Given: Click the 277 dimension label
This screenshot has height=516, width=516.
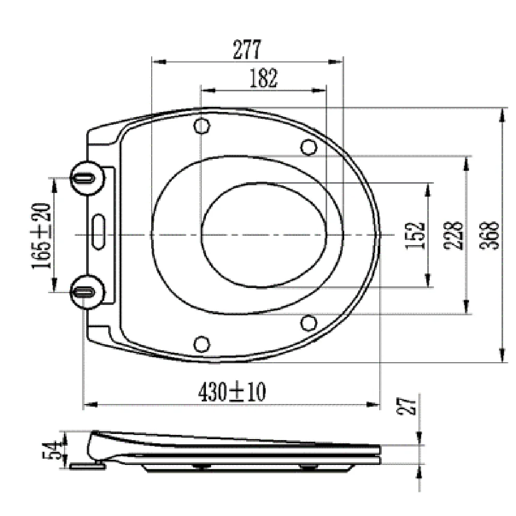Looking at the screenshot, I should [247, 50].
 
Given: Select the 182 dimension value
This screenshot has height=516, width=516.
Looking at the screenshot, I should [263, 78].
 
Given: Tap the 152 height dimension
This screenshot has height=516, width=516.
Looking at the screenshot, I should [415, 235].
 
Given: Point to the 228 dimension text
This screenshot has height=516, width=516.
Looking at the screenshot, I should [453, 235].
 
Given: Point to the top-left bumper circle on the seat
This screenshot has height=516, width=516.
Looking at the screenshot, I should [202, 126].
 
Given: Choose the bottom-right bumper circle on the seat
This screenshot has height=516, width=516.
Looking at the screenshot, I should [309, 322].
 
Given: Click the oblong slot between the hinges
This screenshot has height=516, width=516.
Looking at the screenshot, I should [99, 227].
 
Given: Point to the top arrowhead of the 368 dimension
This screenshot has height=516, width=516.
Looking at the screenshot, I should [503, 114].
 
